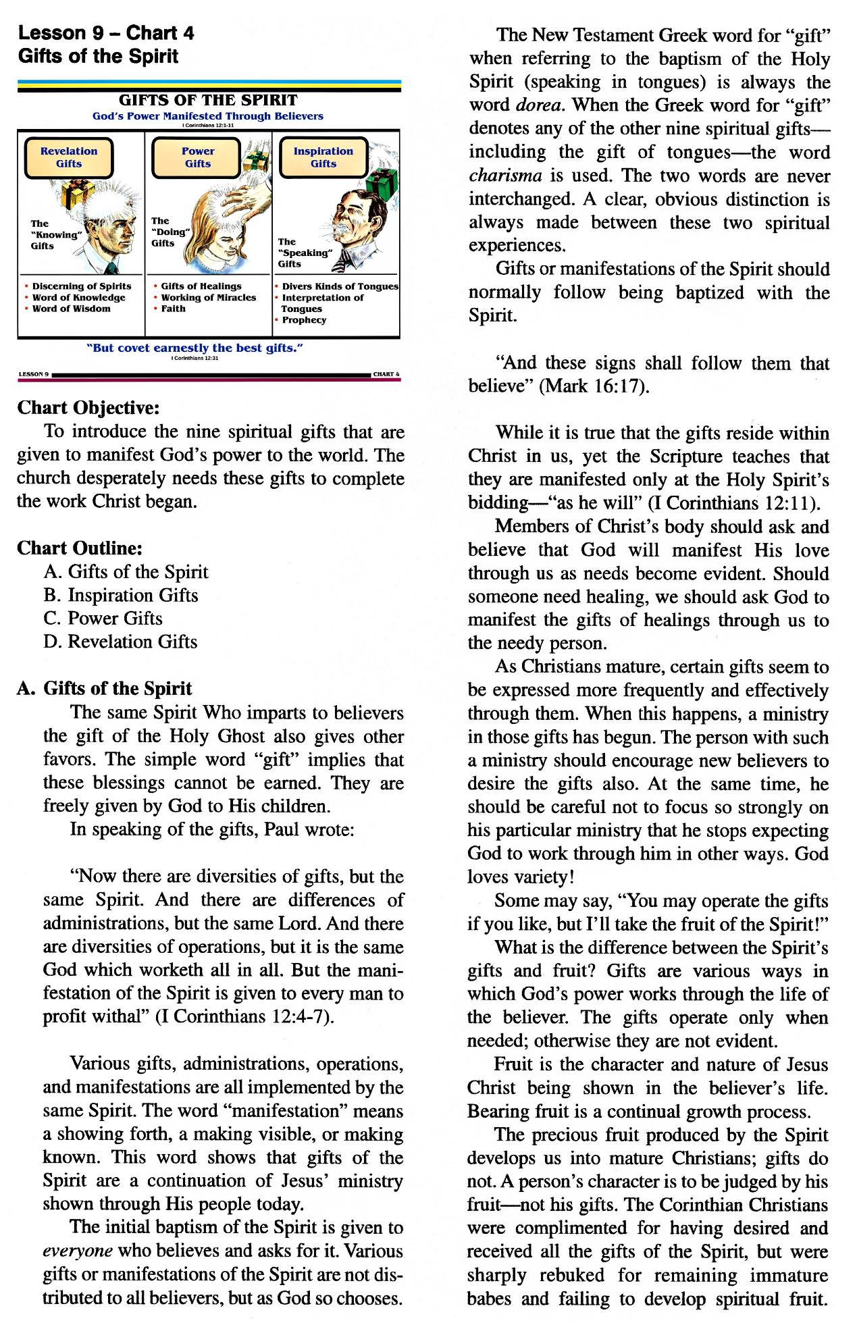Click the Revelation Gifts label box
click(x=69, y=157)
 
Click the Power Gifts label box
click(x=197, y=157)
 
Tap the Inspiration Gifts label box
click(x=323, y=157)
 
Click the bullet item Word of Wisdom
click(x=71, y=309)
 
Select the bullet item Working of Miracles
click(x=208, y=297)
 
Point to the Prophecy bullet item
click(x=304, y=320)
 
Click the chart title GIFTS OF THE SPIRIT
click(x=208, y=100)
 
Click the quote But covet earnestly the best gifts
click(x=195, y=348)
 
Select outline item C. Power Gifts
click(x=103, y=619)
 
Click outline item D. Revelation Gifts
click(x=120, y=642)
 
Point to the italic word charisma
click(x=505, y=176)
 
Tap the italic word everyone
click(x=77, y=1251)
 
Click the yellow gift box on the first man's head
click(x=78, y=194)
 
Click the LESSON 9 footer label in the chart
click(x=33, y=374)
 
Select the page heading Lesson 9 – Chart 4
click(x=106, y=33)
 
